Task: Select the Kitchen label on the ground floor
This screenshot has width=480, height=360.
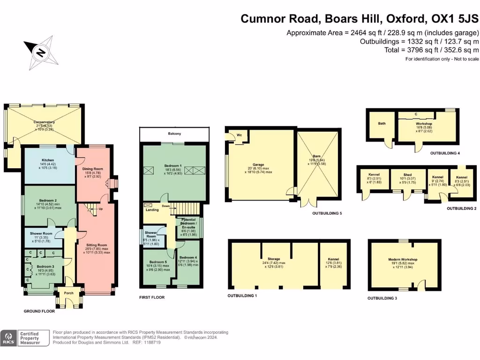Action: click(48, 160)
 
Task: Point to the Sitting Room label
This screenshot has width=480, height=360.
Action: click(96, 245)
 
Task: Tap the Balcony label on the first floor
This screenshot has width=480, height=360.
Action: click(174, 134)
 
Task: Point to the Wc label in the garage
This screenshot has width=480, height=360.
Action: click(239, 135)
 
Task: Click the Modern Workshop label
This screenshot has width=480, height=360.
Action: click(403, 259)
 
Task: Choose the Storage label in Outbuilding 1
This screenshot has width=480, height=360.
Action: click(274, 259)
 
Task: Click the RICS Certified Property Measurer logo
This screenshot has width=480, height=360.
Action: click(25, 338)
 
